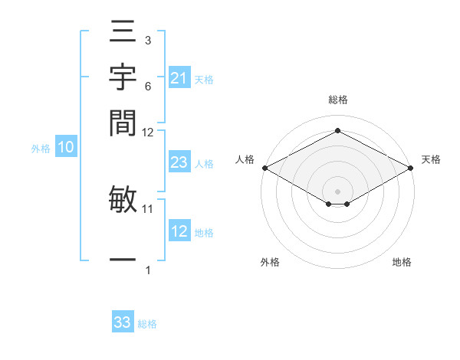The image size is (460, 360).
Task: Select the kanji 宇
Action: (x=123, y=78)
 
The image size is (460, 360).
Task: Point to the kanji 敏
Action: (x=123, y=199)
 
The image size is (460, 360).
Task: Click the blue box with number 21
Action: (x=179, y=78)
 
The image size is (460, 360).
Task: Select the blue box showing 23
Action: (x=179, y=162)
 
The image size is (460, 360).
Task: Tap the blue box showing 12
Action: (x=179, y=231)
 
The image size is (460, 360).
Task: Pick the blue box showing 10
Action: (x=66, y=148)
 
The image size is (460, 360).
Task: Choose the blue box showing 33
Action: (x=122, y=322)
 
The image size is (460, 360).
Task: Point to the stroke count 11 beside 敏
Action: (x=148, y=208)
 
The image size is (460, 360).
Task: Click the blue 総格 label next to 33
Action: (x=147, y=324)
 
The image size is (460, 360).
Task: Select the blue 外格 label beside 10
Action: (x=41, y=149)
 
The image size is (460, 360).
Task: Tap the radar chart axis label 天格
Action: (x=431, y=159)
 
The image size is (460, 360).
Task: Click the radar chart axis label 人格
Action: (x=245, y=159)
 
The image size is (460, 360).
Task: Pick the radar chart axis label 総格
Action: (x=338, y=100)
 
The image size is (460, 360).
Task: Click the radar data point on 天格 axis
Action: (x=412, y=168)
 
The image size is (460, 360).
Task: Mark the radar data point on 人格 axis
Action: (x=264, y=168)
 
